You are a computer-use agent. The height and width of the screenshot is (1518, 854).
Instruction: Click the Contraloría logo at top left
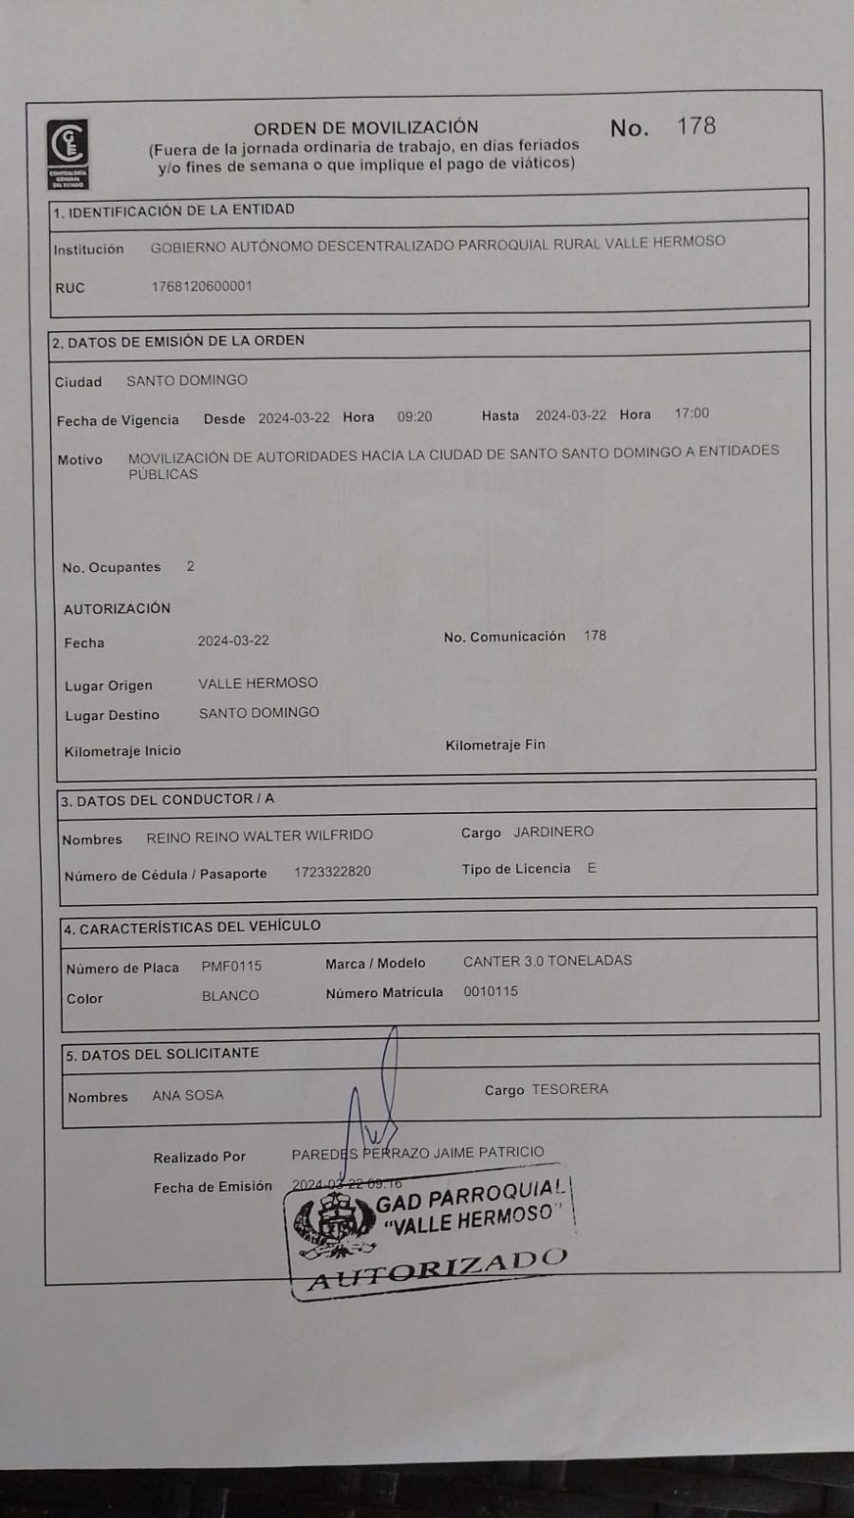click(68, 152)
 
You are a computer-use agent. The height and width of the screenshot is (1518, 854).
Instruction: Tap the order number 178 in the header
click(696, 126)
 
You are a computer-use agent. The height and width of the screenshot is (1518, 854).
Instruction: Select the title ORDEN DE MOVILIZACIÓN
click(365, 127)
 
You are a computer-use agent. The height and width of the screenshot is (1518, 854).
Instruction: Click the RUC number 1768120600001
click(202, 287)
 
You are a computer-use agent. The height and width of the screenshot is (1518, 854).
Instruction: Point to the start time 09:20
click(415, 417)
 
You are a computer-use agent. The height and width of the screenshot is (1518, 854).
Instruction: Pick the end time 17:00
click(692, 414)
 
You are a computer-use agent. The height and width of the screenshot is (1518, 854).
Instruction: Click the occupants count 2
click(191, 566)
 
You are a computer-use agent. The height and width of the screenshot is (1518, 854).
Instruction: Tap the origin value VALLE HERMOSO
click(258, 683)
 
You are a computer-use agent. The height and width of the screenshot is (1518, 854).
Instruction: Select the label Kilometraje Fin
click(495, 745)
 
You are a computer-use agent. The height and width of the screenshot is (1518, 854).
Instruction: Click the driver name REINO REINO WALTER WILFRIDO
click(259, 836)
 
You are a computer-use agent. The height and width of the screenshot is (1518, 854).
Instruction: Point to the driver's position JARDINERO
click(553, 832)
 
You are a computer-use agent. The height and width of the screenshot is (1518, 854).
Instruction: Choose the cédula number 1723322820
click(332, 872)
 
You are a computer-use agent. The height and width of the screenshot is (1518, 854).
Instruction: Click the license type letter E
click(592, 868)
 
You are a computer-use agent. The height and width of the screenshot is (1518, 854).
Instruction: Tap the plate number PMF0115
click(232, 966)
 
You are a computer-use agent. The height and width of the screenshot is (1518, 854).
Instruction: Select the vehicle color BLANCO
click(230, 996)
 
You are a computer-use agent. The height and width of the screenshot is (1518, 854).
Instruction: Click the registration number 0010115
click(491, 991)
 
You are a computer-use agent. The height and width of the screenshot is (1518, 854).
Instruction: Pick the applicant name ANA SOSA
click(188, 1095)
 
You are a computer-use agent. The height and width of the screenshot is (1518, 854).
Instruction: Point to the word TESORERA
click(569, 1089)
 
